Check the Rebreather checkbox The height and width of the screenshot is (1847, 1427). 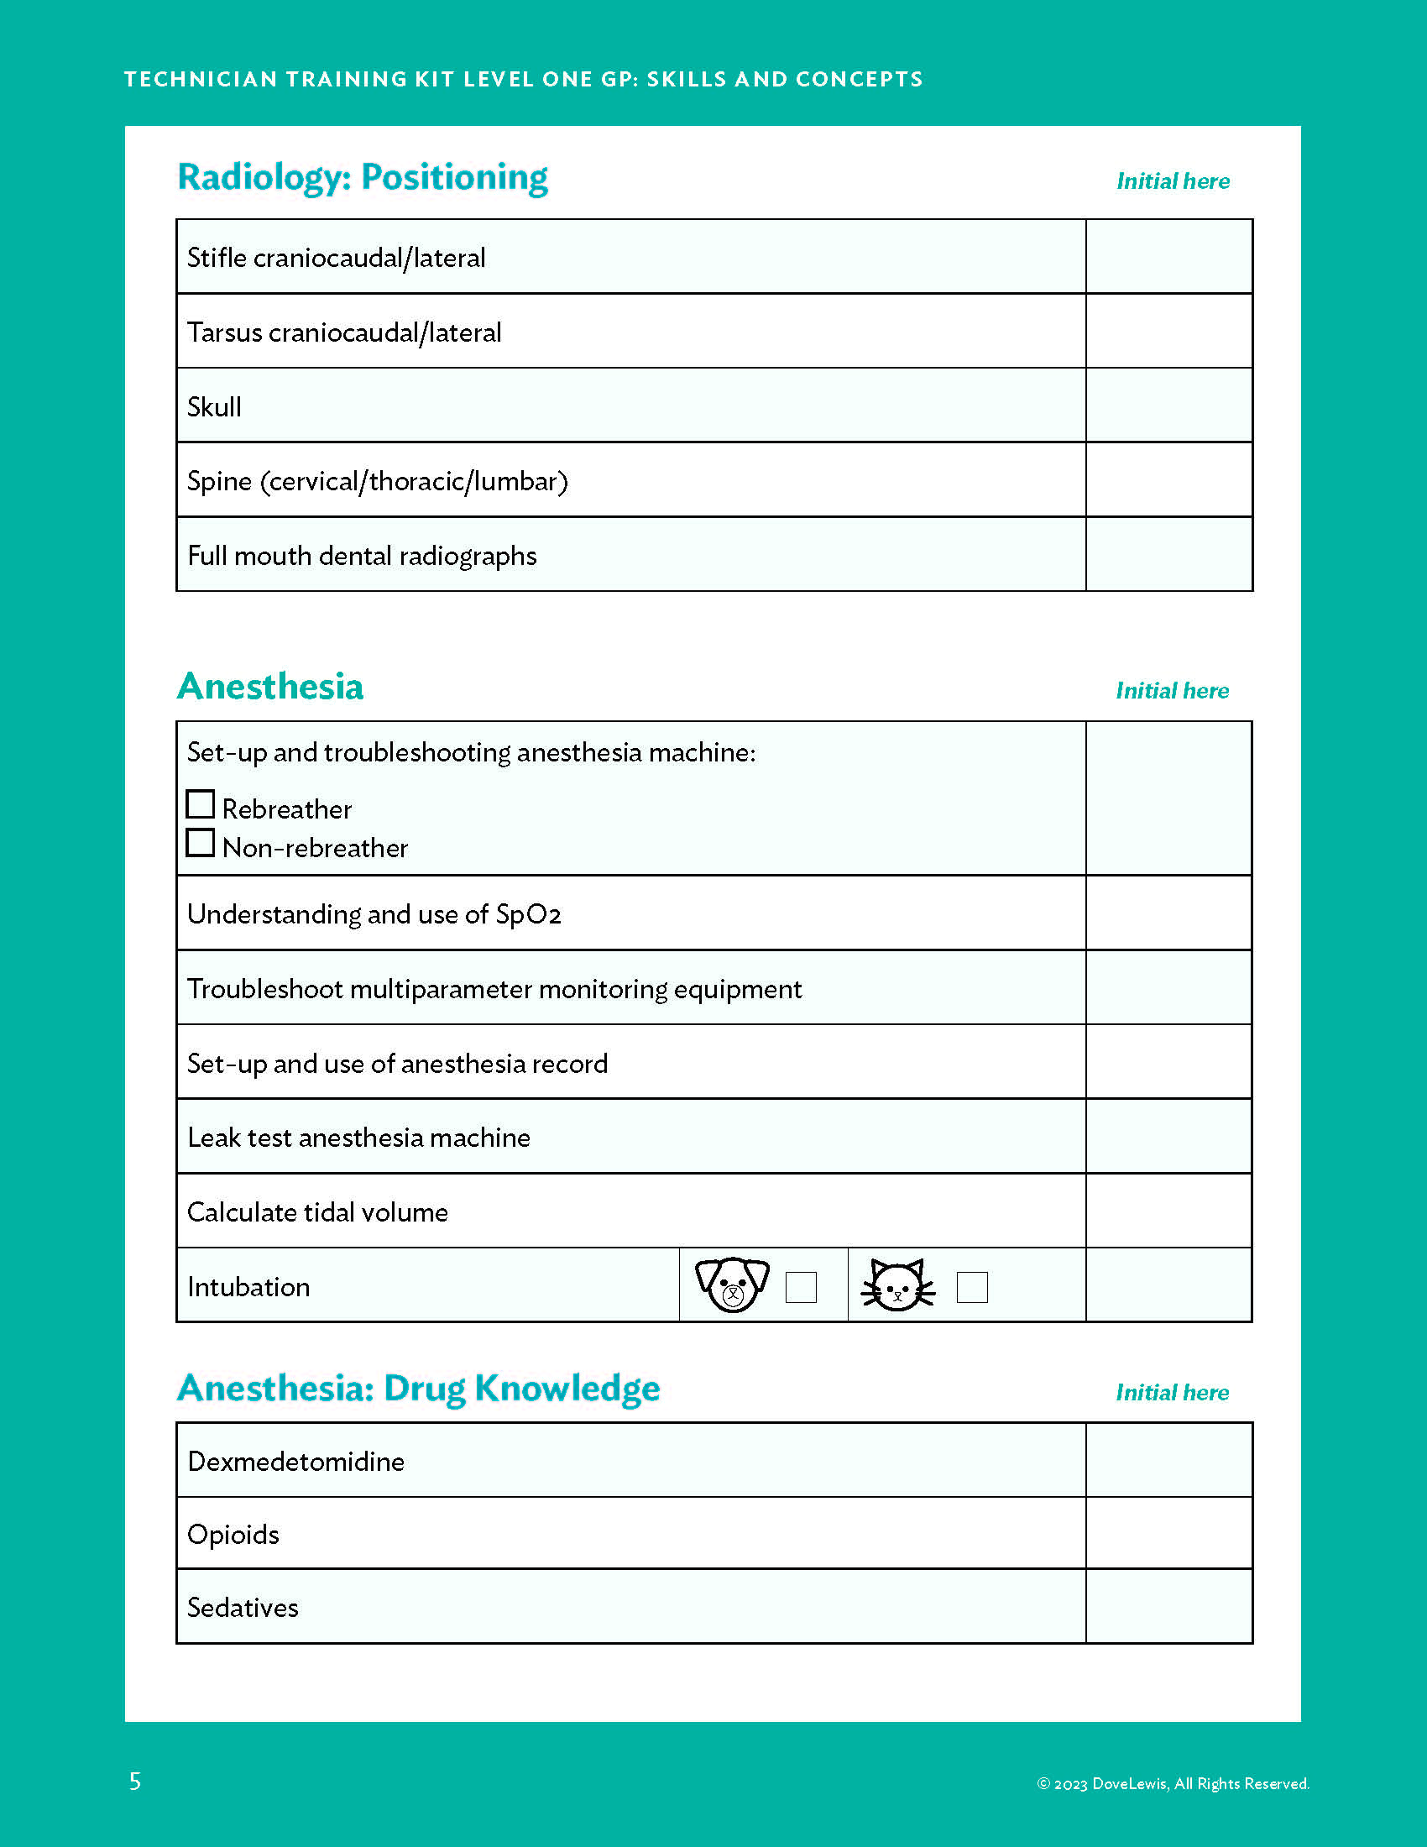click(201, 804)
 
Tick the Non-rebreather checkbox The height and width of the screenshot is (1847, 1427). click(201, 843)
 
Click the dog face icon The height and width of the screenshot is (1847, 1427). click(732, 1285)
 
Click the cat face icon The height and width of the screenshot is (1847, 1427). click(898, 1285)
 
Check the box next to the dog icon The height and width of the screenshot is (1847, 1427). click(801, 1287)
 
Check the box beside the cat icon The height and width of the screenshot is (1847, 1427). click(971, 1287)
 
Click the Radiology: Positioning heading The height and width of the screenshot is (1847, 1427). click(363, 177)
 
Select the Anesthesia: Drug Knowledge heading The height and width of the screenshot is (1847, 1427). click(419, 1388)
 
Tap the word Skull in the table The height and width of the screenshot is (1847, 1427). click(214, 407)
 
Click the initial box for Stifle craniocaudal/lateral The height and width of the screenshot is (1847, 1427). click(1168, 257)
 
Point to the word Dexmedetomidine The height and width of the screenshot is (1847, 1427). click(295, 1462)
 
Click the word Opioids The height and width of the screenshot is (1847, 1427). click(233, 1534)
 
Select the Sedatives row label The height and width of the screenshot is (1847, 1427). click(243, 1607)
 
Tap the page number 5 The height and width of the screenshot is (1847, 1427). click(135, 1781)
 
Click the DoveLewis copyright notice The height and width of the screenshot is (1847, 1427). click(1173, 1783)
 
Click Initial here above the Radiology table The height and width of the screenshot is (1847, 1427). click(1173, 181)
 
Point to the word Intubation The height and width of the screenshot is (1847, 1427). click(248, 1287)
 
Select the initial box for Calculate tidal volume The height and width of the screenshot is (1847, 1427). click(1168, 1211)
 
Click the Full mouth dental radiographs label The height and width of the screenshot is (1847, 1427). click(362, 556)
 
